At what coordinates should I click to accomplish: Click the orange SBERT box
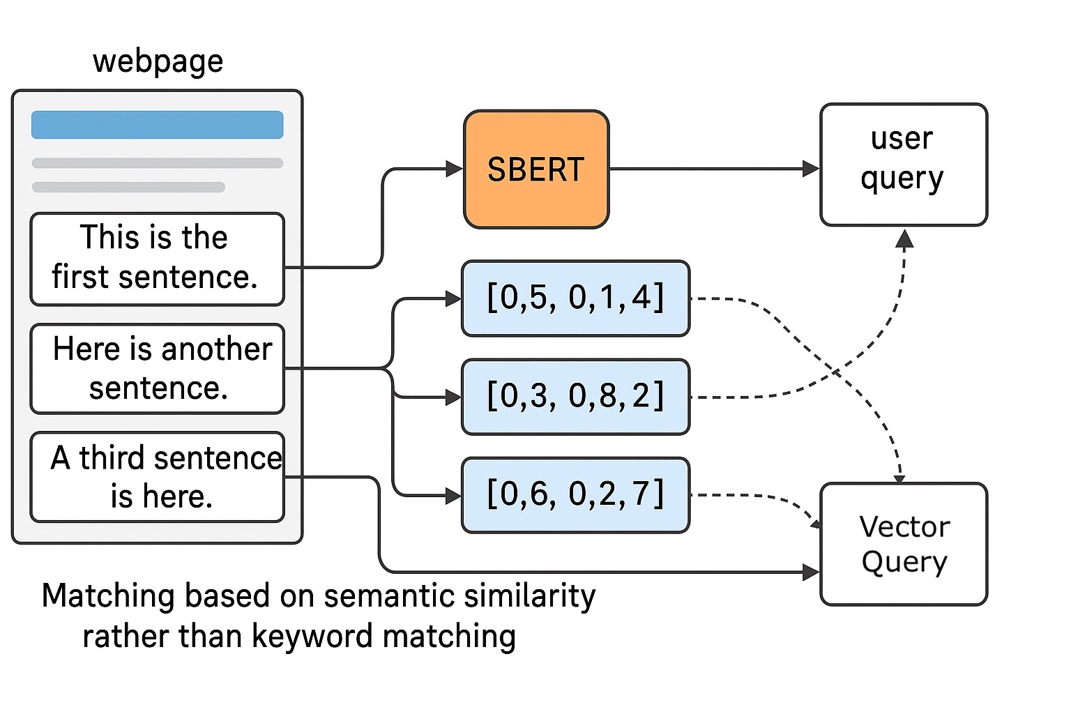coord(535,169)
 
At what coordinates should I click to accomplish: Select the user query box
coord(903,165)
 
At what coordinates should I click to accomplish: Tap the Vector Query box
coord(904,544)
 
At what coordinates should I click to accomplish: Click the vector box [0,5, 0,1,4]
coord(575,298)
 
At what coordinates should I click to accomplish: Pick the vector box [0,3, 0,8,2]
coord(575,397)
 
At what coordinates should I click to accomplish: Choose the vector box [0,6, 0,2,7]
coord(575,495)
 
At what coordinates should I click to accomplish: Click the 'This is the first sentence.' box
coord(157,259)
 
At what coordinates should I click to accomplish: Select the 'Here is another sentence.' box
coord(157,368)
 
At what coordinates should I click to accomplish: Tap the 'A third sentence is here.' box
coord(157,477)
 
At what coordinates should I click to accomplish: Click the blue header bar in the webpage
coord(157,125)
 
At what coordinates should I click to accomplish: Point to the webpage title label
coord(158,61)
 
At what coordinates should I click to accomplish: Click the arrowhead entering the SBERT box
coord(455,169)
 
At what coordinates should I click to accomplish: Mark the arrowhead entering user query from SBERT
coord(811,169)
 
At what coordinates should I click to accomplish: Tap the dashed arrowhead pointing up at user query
coord(904,239)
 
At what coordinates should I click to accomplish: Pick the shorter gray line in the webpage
coord(128,187)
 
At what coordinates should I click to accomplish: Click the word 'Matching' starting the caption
coord(108,597)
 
